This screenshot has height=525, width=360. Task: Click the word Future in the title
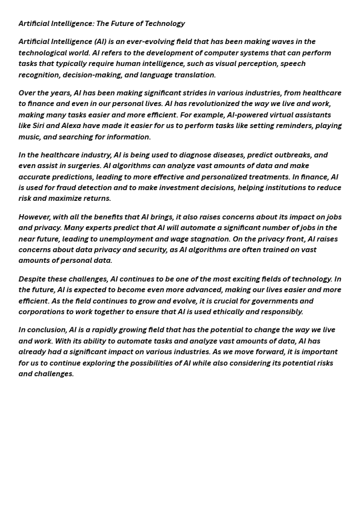(125, 23)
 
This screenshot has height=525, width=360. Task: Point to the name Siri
(38, 125)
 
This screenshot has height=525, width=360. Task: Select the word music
(29, 137)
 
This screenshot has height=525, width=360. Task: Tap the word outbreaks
(287, 155)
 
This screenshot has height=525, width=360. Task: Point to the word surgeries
(81, 165)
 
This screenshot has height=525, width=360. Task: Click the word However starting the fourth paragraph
(34, 217)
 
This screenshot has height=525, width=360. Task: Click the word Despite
(33, 279)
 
